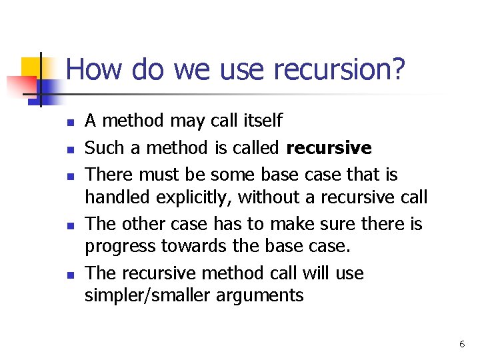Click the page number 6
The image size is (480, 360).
(461, 344)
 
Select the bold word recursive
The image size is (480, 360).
(329, 147)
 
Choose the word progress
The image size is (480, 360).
(120, 247)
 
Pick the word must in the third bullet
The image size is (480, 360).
(158, 175)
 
